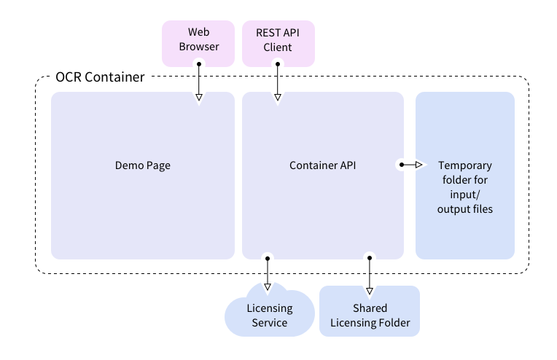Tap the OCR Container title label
click(100, 77)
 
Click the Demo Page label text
click(143, 165)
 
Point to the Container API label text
click(322, 165)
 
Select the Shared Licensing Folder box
click(370, 311)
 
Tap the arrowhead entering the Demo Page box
click(199, 97)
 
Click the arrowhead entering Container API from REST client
click(278, 97)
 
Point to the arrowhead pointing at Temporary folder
click(418, 165)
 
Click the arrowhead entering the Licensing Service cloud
click(268, 286)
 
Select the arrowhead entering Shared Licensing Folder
click(370, 291)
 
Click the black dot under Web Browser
click(199, 64)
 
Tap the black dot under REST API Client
click(278, 64)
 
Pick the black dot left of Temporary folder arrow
click(402, 165)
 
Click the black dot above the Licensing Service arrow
click(268, 259)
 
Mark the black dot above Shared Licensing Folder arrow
click(370, 258)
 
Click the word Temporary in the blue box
click(465, 165)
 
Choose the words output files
click(465, 209)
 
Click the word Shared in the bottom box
click(370, 308)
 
